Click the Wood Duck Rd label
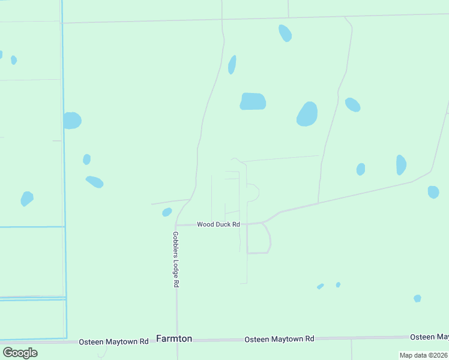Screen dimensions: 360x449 (218, 224)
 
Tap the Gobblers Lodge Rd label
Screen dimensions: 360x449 (176, 259)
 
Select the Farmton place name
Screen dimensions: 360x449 (174, 338)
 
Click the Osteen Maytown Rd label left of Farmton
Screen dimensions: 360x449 (113, 341)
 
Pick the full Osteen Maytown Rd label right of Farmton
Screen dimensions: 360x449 (279, 339)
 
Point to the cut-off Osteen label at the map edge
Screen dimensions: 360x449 (429, 337)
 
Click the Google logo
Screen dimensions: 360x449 (20, 352)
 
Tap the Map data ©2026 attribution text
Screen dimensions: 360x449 (423, 355)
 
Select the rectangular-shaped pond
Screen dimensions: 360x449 (253, 101)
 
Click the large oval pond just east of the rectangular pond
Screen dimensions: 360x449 (307, 113)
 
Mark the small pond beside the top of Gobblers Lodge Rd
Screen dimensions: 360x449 (167, 212)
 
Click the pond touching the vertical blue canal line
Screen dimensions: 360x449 (72, 121)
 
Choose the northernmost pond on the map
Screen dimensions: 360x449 (285, 33)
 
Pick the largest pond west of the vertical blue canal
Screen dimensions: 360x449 (27, 198)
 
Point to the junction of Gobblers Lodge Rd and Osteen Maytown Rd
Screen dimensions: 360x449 (176, 340)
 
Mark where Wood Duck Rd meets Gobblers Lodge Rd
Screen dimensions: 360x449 (176, 225)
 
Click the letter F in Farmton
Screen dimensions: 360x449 (159, 338)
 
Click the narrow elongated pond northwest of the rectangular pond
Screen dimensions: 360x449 (232, 65)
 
